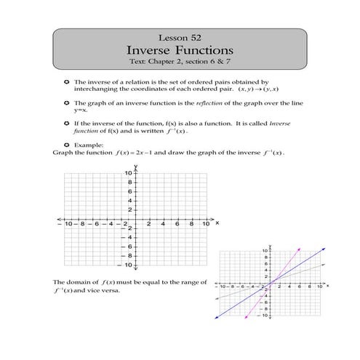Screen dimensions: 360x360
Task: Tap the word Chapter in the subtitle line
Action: [x=172, y=63]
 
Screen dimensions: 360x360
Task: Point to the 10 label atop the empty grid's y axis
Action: [x=127, y=172]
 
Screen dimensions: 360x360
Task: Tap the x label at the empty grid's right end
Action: [x=216, y=224]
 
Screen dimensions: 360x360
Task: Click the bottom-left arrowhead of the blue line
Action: [x=219, y=318]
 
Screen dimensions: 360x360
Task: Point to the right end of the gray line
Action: [x=321, y=265]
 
